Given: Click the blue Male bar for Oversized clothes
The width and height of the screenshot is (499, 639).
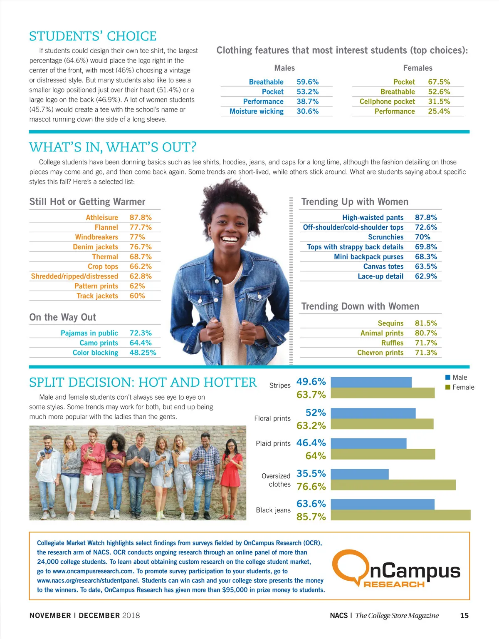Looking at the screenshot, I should pyautogui.click(x=360, y=474).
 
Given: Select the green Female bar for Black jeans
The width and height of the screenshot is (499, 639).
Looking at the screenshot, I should pyautogui.click(x=400, y=515).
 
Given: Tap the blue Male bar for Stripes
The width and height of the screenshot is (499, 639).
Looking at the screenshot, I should pyautogui.click(x=371, y=382).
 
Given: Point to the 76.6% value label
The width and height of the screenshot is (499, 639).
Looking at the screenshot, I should pyautogui.click(x=311, y=486).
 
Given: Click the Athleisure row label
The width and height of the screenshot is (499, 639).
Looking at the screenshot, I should pyautogui.click(x=102, y=217).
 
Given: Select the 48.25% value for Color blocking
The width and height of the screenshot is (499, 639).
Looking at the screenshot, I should pyautogui.click(x=143, y=353).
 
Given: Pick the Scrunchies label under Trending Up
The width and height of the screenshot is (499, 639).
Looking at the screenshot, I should pyautogui.click(x=385, y=237).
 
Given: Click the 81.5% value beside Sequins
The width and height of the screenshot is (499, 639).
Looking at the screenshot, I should pyautogui.click(x=426, y=323).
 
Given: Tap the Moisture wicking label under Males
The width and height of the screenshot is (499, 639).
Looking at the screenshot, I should pyautogui.click(x=257, y=111).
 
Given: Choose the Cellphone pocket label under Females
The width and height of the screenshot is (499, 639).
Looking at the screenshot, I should pyautogui.click(x=387, y=102).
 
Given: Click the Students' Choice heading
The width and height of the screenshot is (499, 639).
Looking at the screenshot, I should pyautogui.click(x=93, y=36).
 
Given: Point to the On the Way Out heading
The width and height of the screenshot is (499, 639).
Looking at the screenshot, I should pyautogui.click(x=63, y=317).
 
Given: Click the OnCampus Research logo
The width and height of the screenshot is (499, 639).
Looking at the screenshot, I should pyautogui.click(x=398, y=569).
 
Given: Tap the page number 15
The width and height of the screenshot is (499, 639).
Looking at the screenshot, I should pyautogui.click(x=464, y=615).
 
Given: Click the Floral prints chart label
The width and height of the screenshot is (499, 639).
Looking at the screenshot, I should pyautogui.click(x=272, y=418).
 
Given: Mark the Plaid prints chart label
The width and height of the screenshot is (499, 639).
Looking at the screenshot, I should pyautogui.click(x=273, y=443).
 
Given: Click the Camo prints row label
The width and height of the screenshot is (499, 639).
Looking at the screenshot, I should pyautogui.click(x=99, y=343).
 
